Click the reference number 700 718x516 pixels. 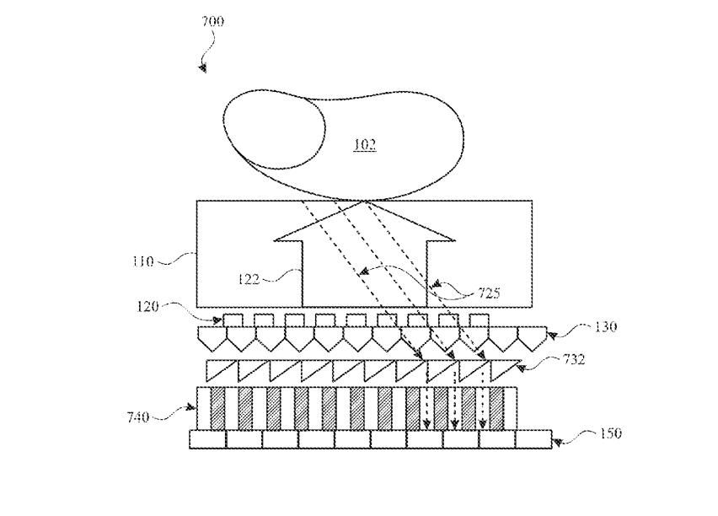(x=212, y=21)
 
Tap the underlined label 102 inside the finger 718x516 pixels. (x=364, y=146)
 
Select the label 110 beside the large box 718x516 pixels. (x=142, y=261)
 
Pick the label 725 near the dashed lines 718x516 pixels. (x=488, y=293)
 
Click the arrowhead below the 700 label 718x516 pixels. (x=203, y=67)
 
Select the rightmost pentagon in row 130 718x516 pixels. (x=528, y=338)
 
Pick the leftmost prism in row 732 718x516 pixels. (x=222, y=370)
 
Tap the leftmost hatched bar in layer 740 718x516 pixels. (x=217, y=408)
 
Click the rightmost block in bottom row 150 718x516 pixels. (x=533, y=439)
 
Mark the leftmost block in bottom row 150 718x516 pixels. (x=207, y=439)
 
